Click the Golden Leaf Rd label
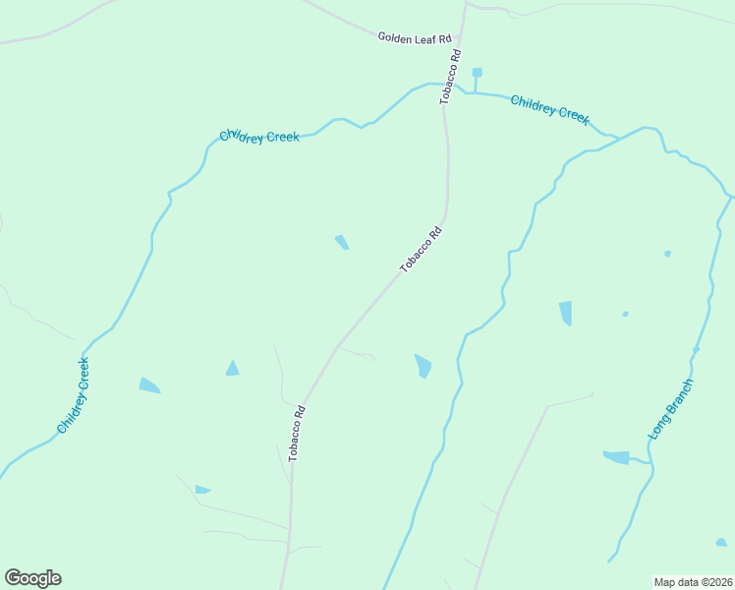tap(414, 37)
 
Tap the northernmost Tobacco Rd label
tap(451, 78)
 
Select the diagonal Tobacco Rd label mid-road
tap(421, 250)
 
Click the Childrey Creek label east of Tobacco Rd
tap(549, 109)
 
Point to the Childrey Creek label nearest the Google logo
tap(74, 395)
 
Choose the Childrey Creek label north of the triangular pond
tap(258, 137)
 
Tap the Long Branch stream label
tap(671, 408)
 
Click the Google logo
tap(32, 578)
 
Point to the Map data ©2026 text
tap(693, 581)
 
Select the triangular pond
tap(232, 369)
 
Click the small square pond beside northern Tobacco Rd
tap(477, 72)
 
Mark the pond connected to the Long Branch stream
tap(616, 457)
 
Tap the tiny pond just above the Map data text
tap(721, 542)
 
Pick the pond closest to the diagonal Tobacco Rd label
tap(341, 242)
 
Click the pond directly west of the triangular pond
tap(149, 385)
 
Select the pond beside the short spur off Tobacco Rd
tap(423, 365)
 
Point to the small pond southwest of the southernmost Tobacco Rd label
tap(202, 489)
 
